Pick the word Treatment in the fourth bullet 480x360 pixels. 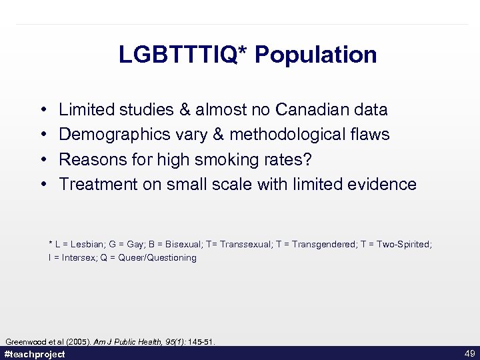(x=97, y=185)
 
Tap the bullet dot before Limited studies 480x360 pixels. (x=43, y=110)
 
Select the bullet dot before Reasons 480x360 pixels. (x=43, y=160)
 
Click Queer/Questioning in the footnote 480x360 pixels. (x=157, y=257)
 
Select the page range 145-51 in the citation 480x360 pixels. (x=199, y=342)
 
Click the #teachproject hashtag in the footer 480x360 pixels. (x=35, y=354)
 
